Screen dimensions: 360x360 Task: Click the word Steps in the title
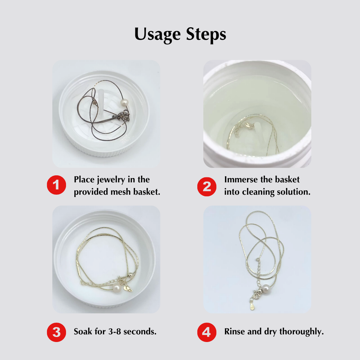(205, 34)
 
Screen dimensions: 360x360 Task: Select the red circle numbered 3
(56, 332)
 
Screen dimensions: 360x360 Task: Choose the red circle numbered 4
(207, 332)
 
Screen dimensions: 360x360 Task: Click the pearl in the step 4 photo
(265, 288)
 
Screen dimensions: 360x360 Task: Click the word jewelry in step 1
(112, 180)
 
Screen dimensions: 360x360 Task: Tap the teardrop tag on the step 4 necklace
(252, 306)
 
